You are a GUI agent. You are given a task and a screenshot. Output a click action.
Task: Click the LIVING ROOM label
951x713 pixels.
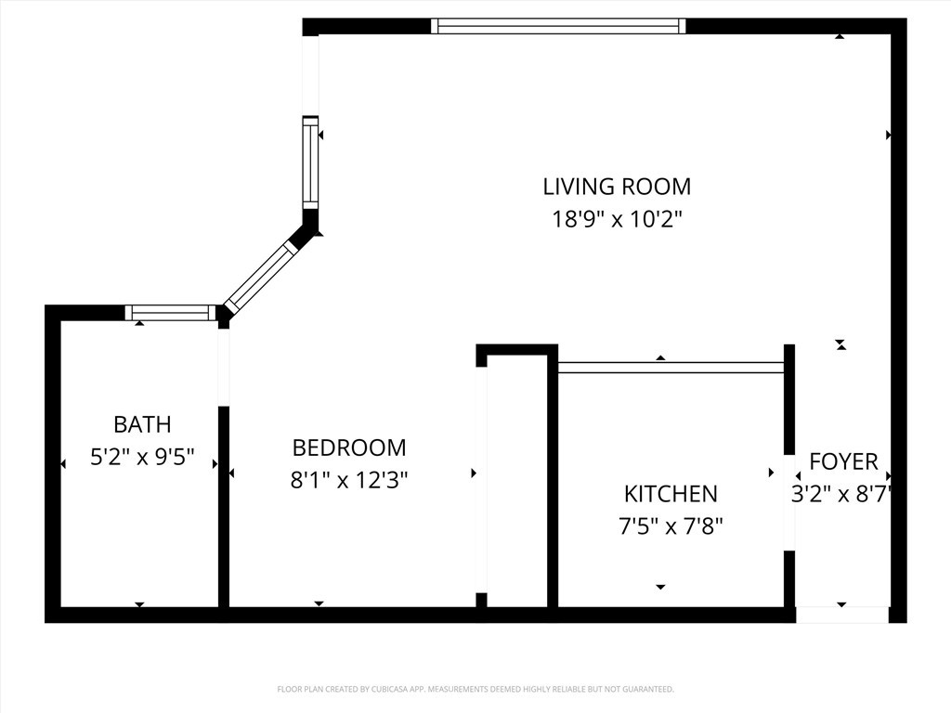(x=617, y=187)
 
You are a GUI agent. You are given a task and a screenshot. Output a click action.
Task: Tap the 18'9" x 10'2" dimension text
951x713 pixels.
(x=617, y=220)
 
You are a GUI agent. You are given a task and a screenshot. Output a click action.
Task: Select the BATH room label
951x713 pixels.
(x=142, y=425)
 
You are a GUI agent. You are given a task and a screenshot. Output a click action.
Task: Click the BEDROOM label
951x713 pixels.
(x=349, y=448)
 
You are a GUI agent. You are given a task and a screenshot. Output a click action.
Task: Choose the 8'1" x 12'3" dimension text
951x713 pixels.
(x=349, y=480)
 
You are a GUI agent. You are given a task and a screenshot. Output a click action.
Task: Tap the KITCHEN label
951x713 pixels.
(x=671, y=494)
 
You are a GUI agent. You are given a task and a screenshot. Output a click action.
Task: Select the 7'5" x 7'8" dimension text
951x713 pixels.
(x=671, y=526)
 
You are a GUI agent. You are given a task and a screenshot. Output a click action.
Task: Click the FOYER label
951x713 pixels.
(x=843, y=461)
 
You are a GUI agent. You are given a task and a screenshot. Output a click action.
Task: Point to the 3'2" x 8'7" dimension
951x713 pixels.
(x=841, y=494)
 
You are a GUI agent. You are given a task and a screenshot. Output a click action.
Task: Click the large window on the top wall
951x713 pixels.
(x=560, y=26)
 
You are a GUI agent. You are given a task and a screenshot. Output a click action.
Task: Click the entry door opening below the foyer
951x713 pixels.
(x=842, y=615)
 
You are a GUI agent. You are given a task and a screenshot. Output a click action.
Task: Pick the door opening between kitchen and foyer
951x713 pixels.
(x=789, y=503)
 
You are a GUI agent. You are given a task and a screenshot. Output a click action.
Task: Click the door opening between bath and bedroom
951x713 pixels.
(x=223, y=367)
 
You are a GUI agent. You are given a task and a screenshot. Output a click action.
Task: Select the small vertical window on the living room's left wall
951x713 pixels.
(x=310, y=163)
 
